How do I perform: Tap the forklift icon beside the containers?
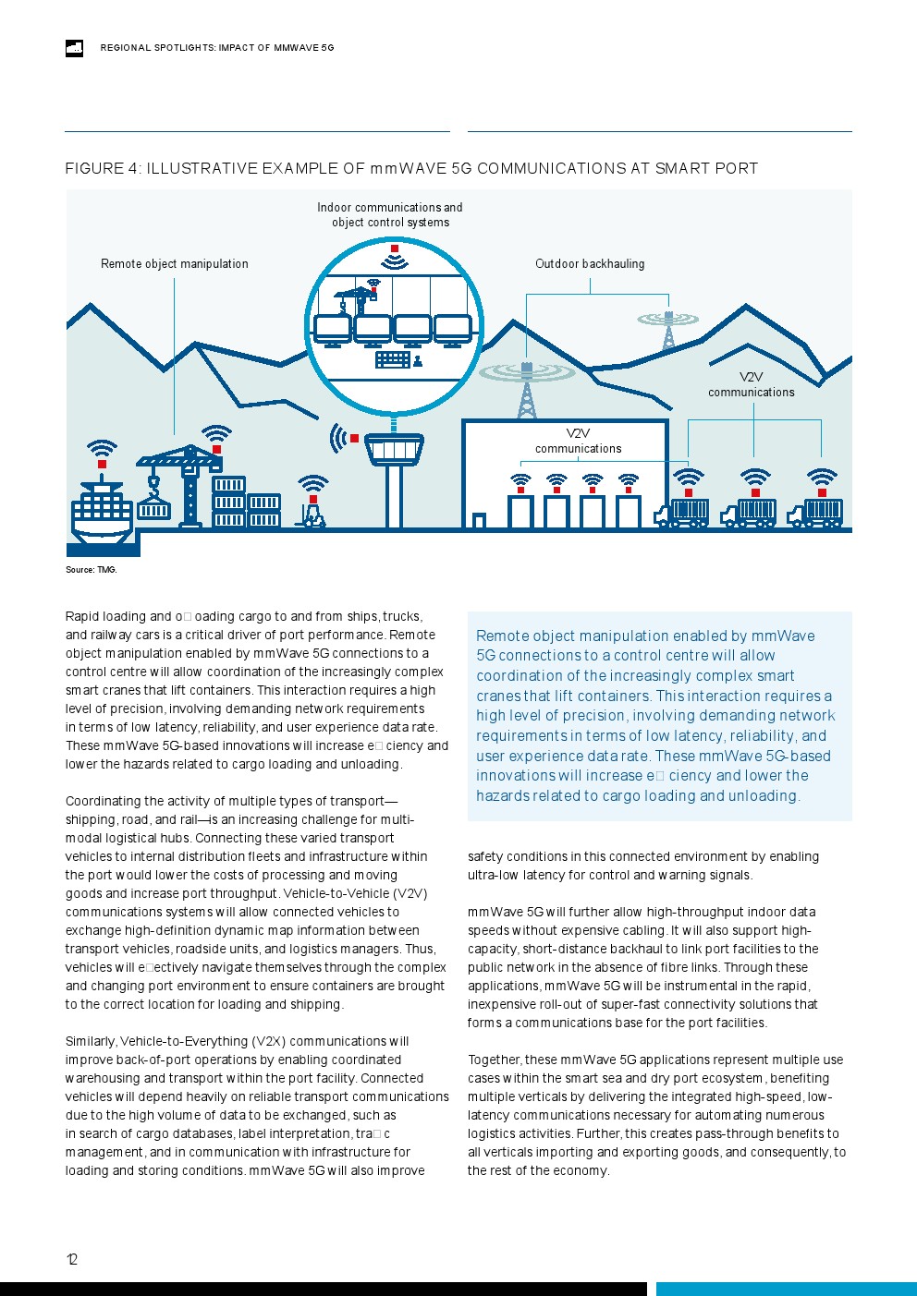point(312,515)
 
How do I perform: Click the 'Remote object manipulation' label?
point(174,264)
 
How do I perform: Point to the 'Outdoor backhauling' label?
point(590,264)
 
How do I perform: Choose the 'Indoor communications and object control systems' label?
point(390,215)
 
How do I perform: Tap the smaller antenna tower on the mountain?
point(668,329)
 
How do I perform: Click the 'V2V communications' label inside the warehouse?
point(579,442)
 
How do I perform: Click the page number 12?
point(72,1259)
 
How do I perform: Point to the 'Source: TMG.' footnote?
point(91,570)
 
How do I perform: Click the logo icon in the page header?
point(75,48)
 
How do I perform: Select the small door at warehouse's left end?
point(479,521)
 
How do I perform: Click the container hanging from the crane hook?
point(153,509)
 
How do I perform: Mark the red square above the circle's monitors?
point(395,249)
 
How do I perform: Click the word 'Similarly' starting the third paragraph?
point(91,1042)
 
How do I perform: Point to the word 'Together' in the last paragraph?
point(495,1060)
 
